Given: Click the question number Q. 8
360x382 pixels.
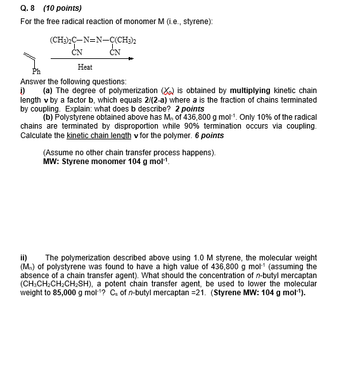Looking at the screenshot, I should [x=28, y=8].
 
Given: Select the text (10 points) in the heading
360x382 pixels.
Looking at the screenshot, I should [x=58, y=8].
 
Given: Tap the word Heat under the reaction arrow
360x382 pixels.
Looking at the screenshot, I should [x=85, y=67].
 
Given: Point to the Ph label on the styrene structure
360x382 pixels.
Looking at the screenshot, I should [x=36, y=72].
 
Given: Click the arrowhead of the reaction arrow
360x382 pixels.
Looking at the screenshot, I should [x=131, y=58].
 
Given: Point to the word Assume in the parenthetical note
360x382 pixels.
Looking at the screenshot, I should [x=59, y=153].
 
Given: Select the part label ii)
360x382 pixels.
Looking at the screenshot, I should [x=24, y=258].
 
